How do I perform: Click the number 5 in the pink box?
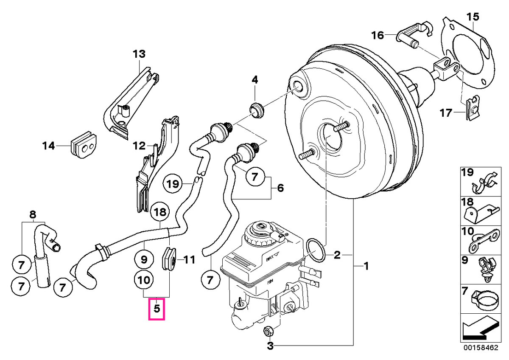(157, 309)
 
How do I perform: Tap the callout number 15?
(473, 17)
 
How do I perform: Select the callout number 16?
(378, 36)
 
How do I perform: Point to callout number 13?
(139, 54)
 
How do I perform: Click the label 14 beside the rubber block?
(49, 146)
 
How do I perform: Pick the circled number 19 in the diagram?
(173, 184)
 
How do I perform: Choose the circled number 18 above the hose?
(160, 212)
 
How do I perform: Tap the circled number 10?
(144, 280)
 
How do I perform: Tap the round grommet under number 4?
(257, 111)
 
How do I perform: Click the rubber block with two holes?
(83, 145)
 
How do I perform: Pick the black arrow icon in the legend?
(479, 329)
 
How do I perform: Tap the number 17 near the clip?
(446, 113)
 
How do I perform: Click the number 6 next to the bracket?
(280, 188)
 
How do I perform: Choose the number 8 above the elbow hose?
(33, 214)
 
